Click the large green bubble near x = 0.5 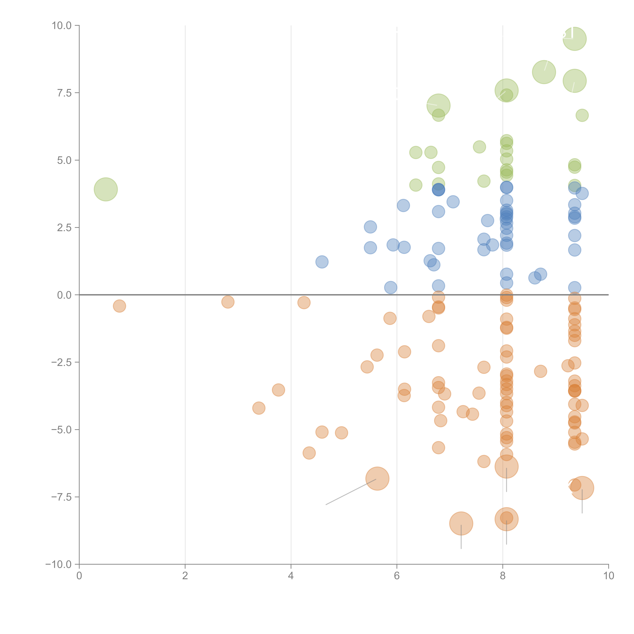point(106,189)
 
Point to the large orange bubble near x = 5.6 point(377,478)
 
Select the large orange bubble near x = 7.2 point(461,523)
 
